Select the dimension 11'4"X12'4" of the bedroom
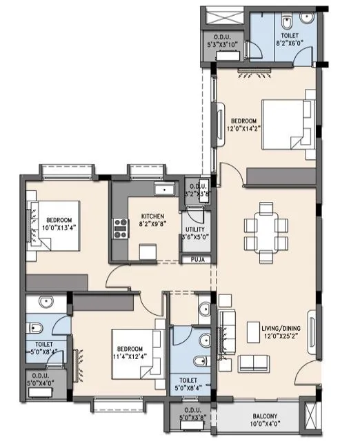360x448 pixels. pyautogui.click(x=131, y=356)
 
